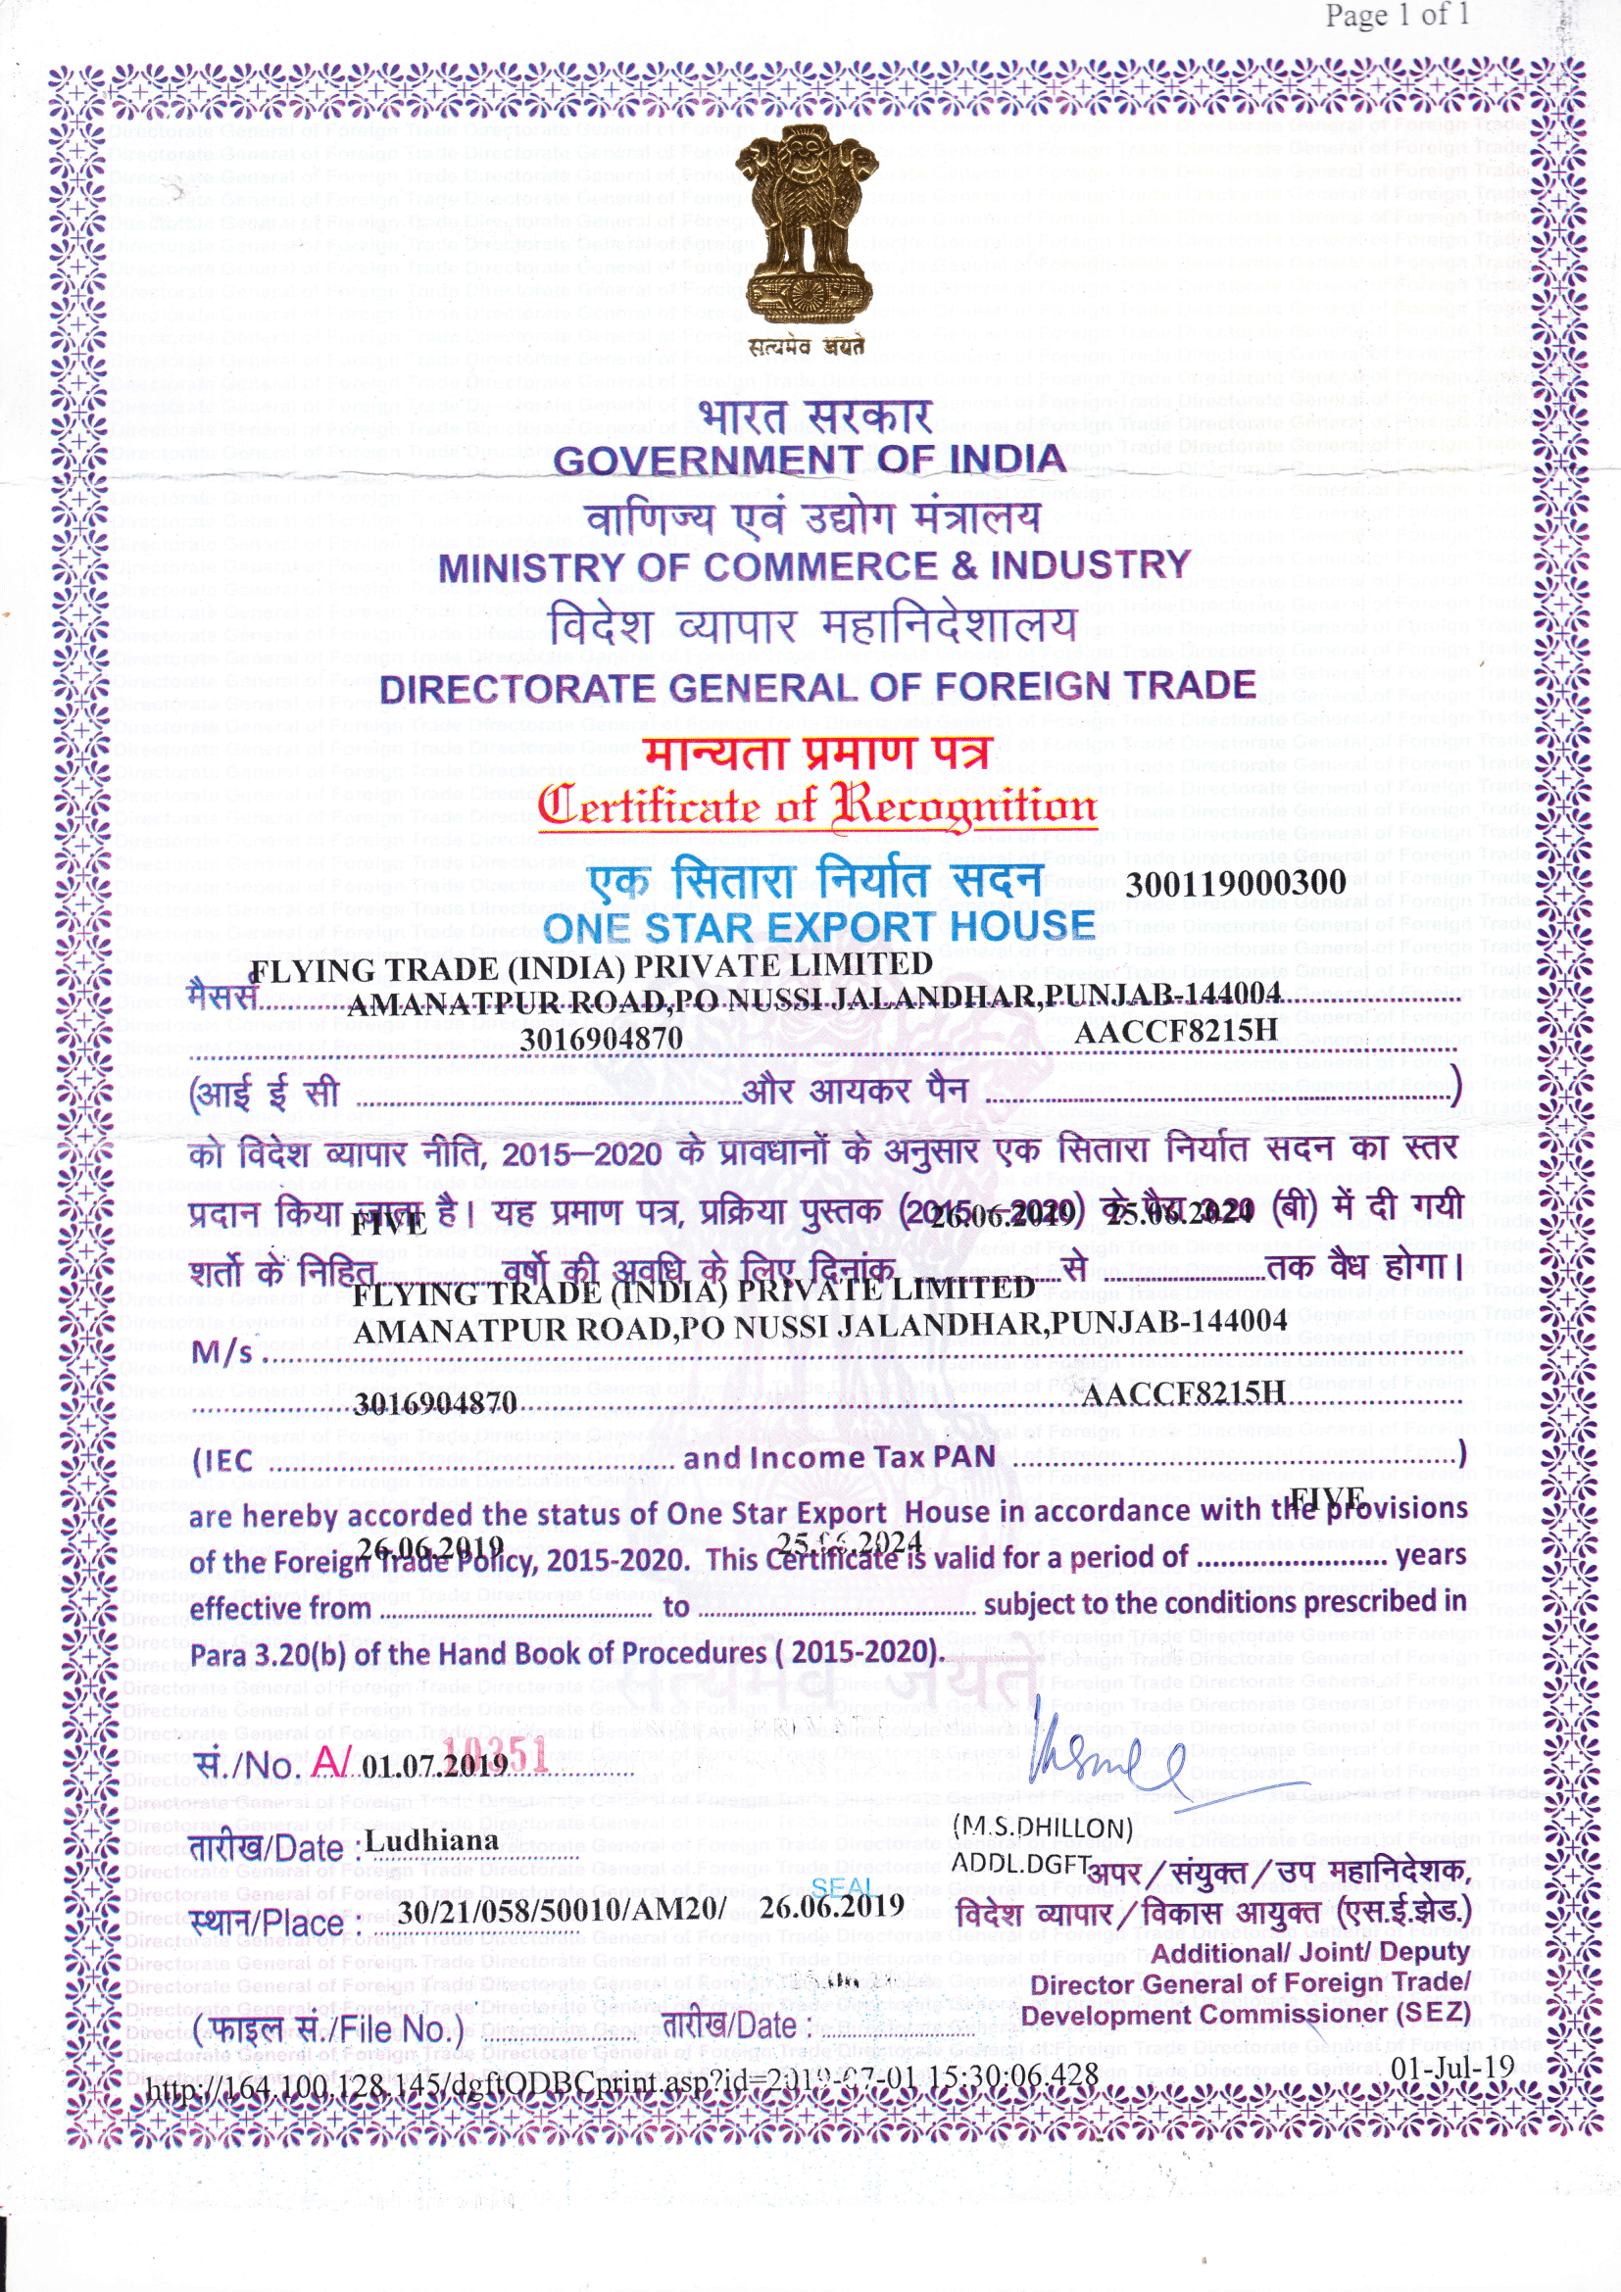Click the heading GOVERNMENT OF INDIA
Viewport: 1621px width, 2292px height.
[810, 461]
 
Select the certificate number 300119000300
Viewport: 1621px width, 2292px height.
[1236, 883]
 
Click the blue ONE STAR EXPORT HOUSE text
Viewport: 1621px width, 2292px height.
[819, 928]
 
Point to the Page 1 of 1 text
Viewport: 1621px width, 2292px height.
[1397, 16]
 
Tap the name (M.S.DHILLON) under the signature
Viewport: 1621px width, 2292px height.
[1042, 1828]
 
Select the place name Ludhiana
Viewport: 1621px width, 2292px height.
[431, 1841]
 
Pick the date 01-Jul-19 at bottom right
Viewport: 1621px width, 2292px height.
[1452, 2068]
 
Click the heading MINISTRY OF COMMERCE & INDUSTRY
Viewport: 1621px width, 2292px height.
[813, 567]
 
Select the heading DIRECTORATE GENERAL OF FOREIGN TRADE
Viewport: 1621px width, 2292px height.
[816, 687]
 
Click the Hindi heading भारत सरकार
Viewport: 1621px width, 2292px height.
[815, 415]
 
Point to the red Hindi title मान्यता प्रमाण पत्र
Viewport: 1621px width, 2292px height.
[816, 754]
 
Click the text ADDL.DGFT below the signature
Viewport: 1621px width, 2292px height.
[1019, 1863]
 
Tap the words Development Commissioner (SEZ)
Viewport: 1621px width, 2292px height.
[1245, 2016]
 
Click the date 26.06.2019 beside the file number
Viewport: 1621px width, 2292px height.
[831, 1907]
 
